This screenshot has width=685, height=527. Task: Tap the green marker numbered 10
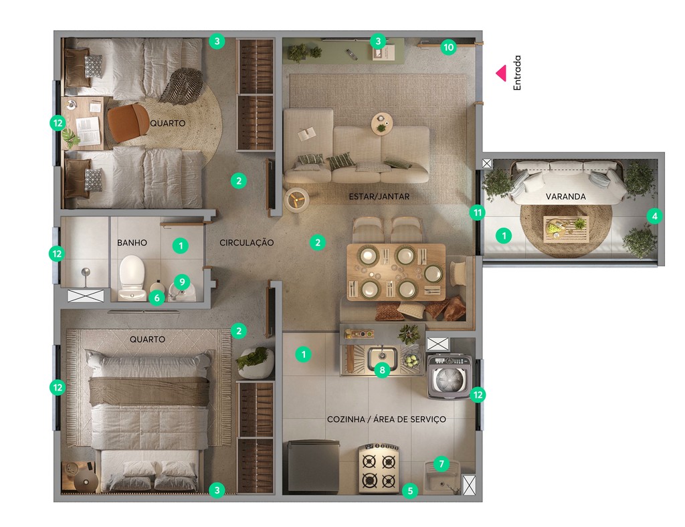(x=448, y=47)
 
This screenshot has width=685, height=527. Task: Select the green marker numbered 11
(x=477, y=213)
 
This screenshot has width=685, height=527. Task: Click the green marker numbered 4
(x=654, y=216)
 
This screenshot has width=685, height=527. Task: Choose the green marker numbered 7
(x=440, y=463)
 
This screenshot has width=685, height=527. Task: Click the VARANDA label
(x=566, y=197)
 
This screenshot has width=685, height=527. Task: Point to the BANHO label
(x=132, y=243)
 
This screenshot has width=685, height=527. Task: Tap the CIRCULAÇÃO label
(x=246, y=243)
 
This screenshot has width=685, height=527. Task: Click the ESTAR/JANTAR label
(x=379, y=197)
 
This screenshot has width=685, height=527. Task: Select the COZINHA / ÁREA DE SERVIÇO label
(x=386, y=419)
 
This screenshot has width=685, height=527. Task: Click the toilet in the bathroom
(x=132, y=276)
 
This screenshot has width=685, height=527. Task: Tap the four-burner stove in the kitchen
(x=379, y=469)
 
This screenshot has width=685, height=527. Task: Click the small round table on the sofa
(x=382, y=124)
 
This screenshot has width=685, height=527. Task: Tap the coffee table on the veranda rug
(x=565, y=229)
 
